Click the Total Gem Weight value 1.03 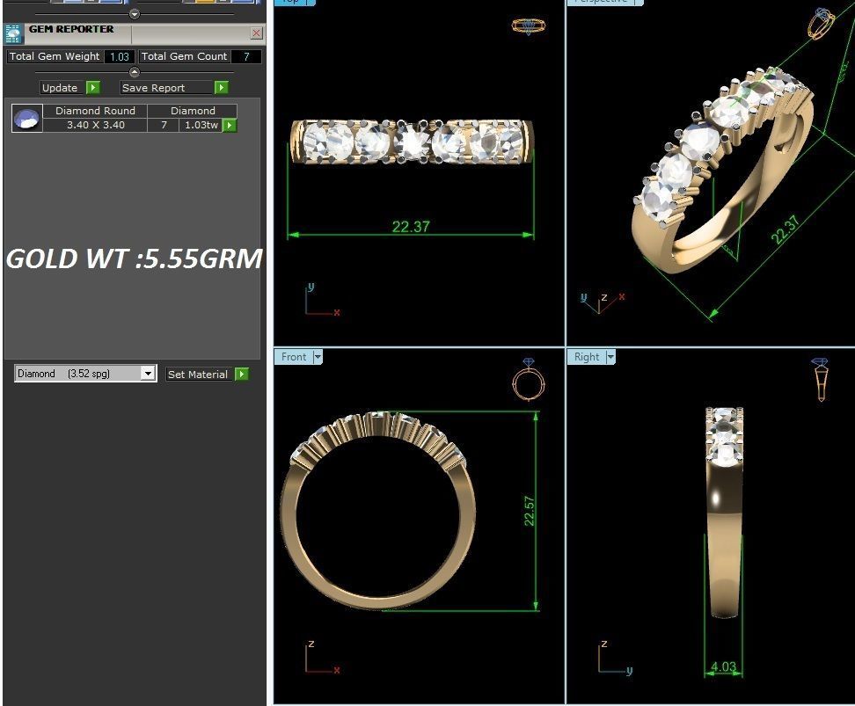[x=119, y=56]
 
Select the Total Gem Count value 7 [x=246, y=56]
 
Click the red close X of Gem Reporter [x=256, y=33]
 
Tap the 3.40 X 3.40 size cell [x=96, y=126]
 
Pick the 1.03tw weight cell [x=200, y=126]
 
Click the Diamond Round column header [x=96, y=111]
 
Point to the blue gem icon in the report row [x=27, y=118]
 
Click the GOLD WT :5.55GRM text [x=134, y=258]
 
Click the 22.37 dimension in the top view [x=411, y=227]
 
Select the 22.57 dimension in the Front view [x=530, y=511]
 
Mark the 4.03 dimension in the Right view [x=723, y=666]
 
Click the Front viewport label [x=294, y=357]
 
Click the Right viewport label [x=587, y=357]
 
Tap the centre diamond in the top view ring [x=412, y=142]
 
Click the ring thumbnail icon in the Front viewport [x=528, y=381]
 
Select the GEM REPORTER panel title [x=71, y=29]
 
